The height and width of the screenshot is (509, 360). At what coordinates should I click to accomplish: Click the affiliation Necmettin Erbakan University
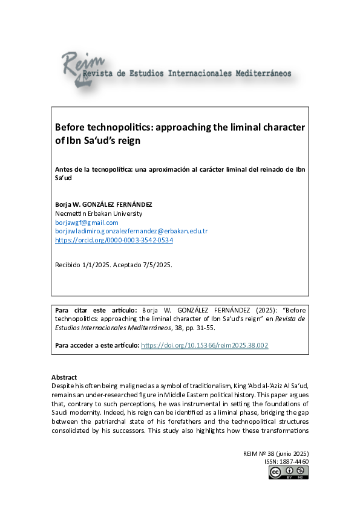click(99, 213)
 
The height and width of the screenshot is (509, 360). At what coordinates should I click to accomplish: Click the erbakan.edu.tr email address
click(131, 231)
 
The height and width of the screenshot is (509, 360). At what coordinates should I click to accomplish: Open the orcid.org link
click(114, 240)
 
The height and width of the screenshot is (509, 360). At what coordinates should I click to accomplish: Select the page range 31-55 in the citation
click(206, 328)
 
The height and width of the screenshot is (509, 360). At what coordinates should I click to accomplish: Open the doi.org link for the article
click(205, 345)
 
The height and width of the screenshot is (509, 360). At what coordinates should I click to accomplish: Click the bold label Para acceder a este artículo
click(97, 345)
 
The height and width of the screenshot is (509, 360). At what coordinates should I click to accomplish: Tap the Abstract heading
click(64, 377)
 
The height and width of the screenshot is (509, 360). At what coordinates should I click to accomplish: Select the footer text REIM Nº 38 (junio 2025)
click(276, 453)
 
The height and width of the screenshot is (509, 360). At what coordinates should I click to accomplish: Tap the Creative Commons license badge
click(289, 473)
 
